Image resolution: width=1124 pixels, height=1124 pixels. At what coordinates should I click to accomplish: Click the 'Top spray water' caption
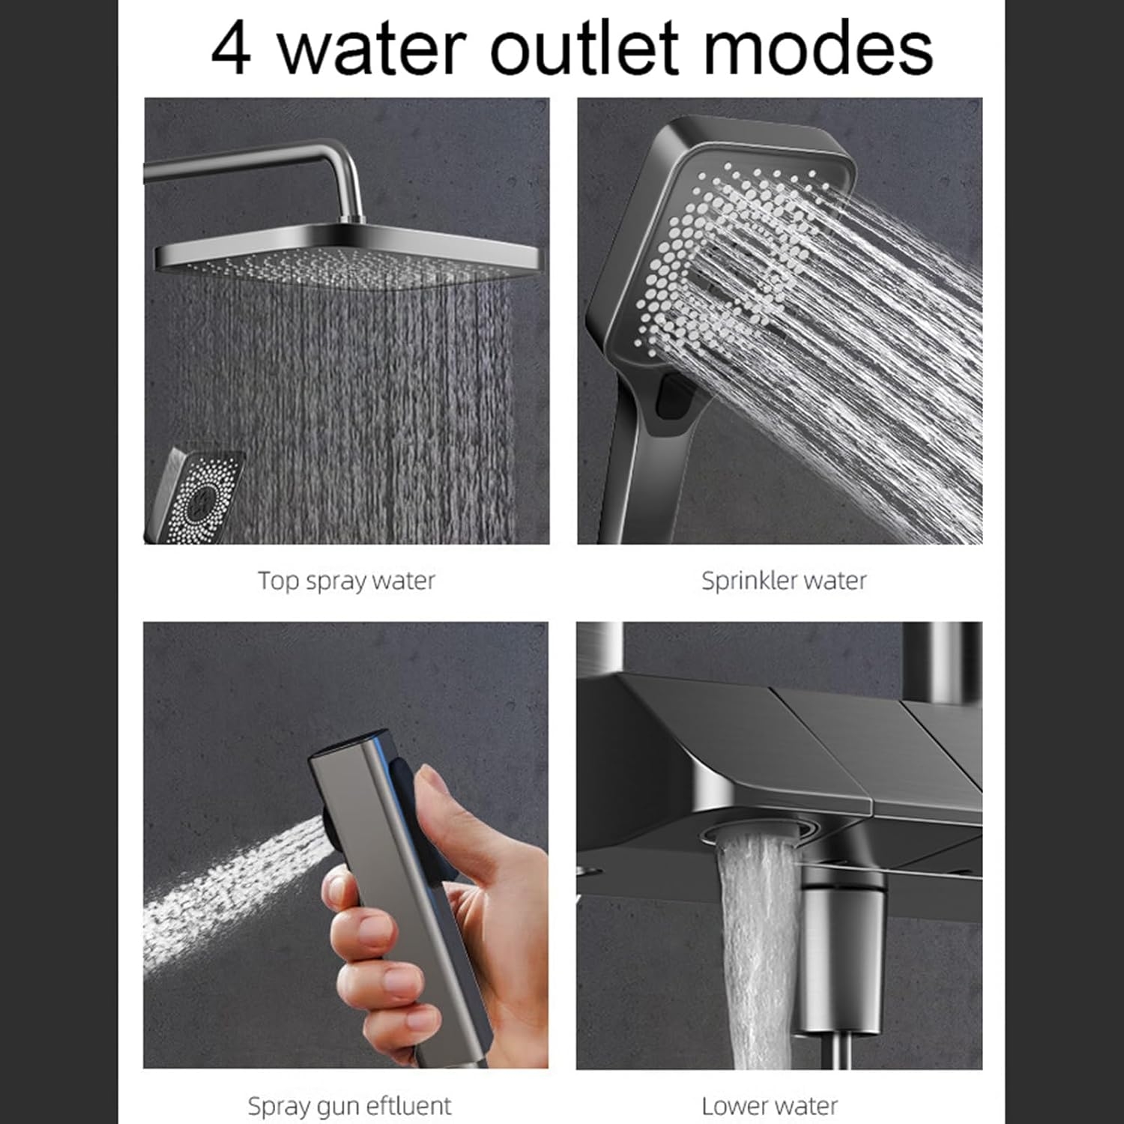click(346, 581)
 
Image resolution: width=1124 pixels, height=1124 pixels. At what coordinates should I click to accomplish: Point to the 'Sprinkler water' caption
click(784, 581)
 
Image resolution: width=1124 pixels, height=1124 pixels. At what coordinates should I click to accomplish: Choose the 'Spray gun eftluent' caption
click(349, 1106)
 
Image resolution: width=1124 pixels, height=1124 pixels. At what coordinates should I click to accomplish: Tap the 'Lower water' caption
click(770, 1106)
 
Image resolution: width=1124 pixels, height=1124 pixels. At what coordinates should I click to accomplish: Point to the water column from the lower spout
click(757, 952)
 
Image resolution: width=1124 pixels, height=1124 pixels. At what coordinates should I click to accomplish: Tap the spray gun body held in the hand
click(405, 884)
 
